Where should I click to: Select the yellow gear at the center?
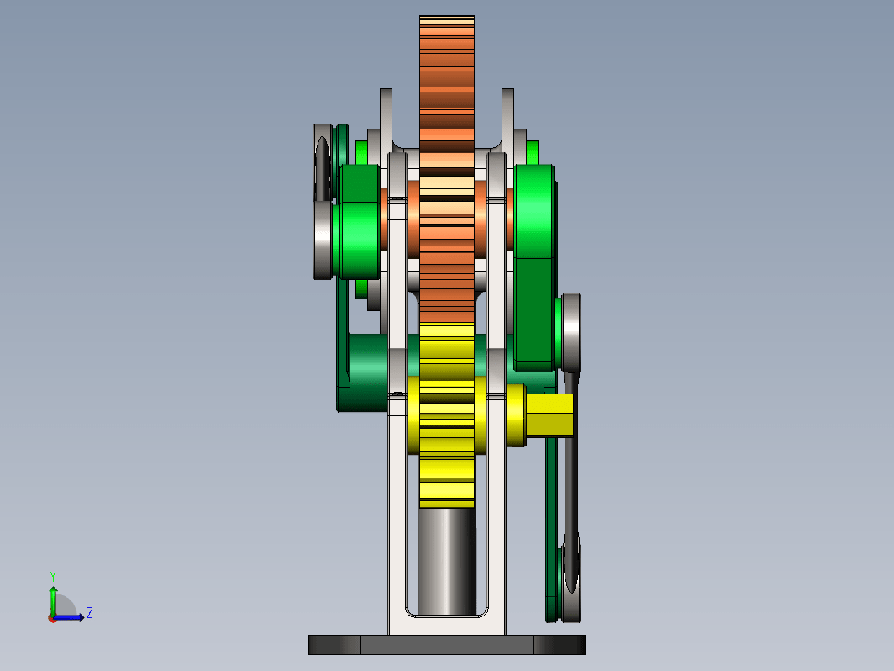click(447, 415)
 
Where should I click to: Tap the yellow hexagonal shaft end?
click(550, 415)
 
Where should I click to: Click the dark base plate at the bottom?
click(447, 645)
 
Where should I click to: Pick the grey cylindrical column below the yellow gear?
click(447, 562)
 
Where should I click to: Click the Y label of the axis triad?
click(52, 576)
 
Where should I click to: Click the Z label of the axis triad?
click(90, 613)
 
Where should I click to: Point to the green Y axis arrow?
click(53, 602)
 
